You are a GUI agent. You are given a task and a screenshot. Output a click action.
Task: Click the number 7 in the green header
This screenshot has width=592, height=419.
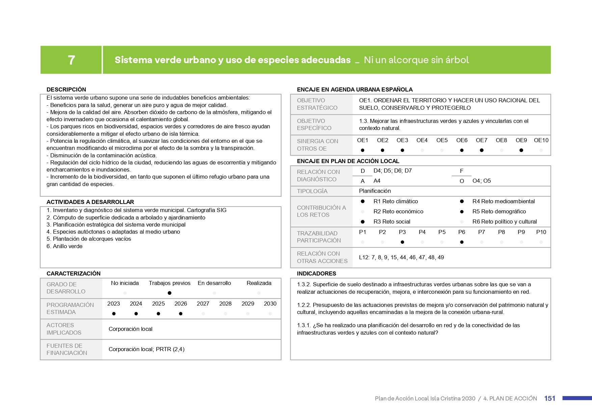click(71, 60)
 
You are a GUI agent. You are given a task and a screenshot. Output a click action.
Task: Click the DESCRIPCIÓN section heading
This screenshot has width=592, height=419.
click(66, 89)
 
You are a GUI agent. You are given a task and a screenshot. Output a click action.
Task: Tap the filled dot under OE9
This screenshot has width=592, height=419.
click(521, 150)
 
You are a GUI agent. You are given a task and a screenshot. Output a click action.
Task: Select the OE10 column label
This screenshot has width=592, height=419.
click(541, 140)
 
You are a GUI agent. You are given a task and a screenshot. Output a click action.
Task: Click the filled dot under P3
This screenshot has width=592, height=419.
click(402, 242)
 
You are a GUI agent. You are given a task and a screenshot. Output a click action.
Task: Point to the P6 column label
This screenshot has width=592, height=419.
click(461, 232)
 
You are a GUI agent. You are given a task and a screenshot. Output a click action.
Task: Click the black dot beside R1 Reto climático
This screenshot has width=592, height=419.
click(362, 201)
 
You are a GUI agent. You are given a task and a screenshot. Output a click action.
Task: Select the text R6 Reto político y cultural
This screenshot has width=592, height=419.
click(504, 221)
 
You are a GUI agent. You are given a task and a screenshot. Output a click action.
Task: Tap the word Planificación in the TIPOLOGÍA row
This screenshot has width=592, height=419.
click(375, 191)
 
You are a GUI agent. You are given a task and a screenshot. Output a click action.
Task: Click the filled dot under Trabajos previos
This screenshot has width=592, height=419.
click(169, 293)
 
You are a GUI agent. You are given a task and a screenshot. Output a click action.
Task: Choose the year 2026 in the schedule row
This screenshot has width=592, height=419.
click(181, 304)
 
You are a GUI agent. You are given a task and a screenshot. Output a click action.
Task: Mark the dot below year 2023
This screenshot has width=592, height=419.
click(114, 314)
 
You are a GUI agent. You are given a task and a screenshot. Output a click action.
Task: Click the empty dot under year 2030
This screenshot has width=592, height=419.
click(270, 314)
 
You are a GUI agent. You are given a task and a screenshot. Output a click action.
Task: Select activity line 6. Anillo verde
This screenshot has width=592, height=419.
click(64, 246)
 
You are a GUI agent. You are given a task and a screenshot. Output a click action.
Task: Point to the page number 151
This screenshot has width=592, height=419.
click(549, 398)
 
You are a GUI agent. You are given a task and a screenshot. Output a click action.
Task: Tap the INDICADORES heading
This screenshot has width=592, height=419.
click(316, 273)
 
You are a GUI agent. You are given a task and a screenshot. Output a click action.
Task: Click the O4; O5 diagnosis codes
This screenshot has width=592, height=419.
click(482, 181)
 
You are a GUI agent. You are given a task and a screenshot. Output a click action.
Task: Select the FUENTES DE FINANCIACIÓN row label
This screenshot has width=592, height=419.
click(67, 349)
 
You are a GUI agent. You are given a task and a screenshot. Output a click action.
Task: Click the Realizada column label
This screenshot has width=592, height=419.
click(259, 283)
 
